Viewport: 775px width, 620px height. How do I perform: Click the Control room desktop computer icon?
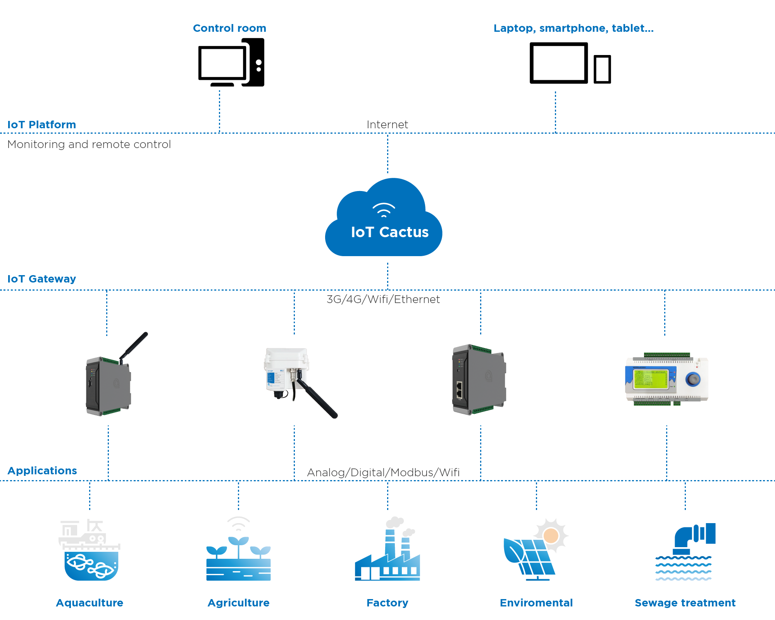231,63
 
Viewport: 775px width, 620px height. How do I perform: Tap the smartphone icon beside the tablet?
602,69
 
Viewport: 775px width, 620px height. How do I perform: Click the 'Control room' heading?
229,28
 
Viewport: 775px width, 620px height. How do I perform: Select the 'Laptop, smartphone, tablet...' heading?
573,28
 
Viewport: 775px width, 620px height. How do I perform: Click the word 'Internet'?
387,124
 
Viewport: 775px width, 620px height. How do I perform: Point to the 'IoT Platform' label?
41,124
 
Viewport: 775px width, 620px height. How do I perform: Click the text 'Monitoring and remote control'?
89,144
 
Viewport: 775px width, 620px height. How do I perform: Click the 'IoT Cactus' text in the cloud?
389,232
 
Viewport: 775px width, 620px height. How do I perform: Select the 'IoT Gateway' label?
41,279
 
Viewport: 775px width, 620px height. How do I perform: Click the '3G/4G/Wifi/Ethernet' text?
383,299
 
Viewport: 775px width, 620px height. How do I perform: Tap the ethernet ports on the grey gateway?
459,390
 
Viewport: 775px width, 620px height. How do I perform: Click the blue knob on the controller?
693,379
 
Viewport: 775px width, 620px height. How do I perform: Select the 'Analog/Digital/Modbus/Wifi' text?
383,472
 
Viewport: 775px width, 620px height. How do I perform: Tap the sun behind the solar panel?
551,536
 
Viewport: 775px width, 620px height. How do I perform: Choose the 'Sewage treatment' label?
685,603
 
